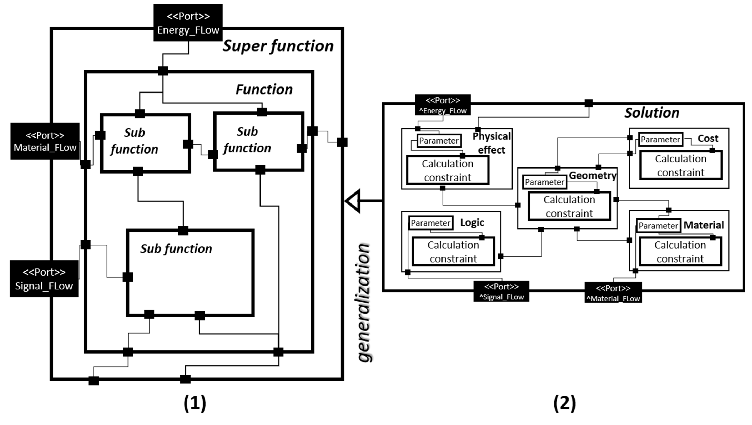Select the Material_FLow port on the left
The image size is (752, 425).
point(45,141)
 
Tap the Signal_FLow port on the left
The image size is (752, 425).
point(44,279)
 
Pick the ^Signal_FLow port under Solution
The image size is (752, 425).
point(501,291)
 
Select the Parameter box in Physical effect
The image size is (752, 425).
point(439,141)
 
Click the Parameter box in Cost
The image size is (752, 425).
point(660,139)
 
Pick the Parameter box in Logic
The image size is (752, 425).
point(430,223)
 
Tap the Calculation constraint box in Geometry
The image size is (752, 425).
point(569,206)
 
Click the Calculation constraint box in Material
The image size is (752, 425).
point(680,252)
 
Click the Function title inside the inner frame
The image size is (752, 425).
point(264,89)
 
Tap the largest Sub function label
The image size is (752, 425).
point(176,249)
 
